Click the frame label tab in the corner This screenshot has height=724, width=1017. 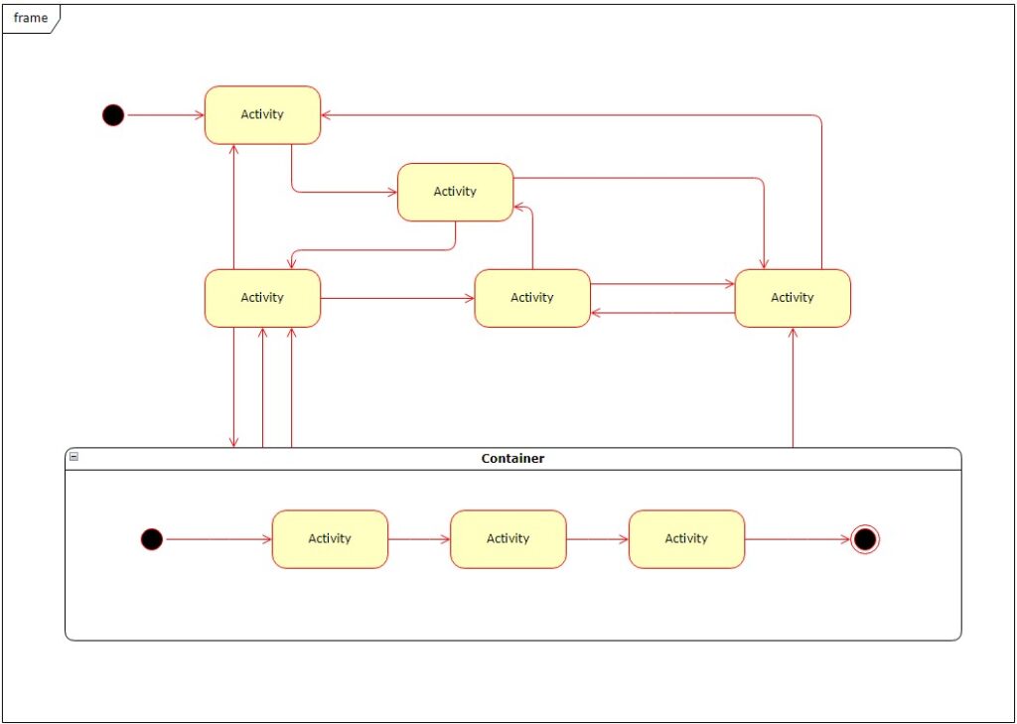30,18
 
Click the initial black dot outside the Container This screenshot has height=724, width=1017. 114,115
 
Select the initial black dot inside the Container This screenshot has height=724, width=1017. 151,539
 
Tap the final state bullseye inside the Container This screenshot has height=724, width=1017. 865,539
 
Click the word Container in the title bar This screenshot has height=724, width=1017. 512,459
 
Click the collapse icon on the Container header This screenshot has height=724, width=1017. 73,457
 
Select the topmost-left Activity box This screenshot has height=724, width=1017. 262,114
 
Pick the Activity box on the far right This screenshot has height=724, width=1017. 792,297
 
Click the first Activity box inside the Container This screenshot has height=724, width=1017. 330,538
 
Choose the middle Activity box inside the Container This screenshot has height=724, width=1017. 508,538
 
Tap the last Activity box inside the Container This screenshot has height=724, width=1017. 686,538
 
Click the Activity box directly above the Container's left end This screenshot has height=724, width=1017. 262,297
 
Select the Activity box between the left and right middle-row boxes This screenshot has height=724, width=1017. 531,297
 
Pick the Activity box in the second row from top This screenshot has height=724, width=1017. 455,192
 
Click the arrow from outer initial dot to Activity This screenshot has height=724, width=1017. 165,115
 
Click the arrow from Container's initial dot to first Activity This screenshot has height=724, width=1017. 218,539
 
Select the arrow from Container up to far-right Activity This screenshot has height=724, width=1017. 793,387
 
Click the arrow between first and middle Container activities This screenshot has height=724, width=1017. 418,539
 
